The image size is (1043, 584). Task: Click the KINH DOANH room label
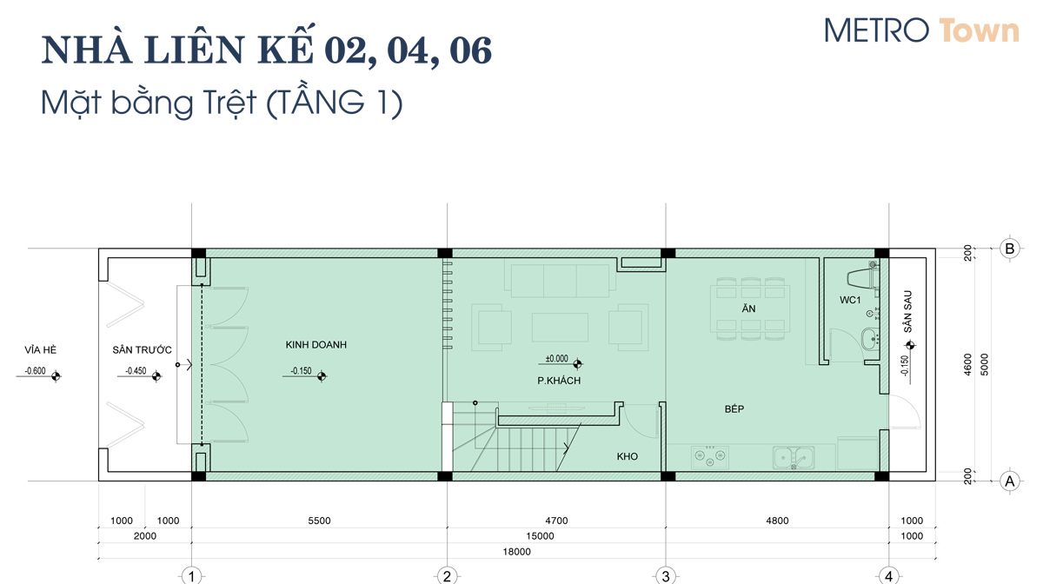coord(316,345)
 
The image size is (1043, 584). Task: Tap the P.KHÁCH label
coord(559,381)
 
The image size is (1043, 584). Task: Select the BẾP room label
coord(734,409)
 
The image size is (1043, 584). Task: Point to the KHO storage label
coord(628,456)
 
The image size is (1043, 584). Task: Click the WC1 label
coord(850,300)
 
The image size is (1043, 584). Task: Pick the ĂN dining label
coord(748,309)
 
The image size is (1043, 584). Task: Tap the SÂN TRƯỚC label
coord(142,349)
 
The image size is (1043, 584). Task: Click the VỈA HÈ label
coord(41,349)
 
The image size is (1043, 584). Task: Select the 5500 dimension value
coord(319,521)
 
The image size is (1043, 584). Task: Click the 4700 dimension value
coord(556,521)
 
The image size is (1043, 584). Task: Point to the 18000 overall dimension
coord(517,552)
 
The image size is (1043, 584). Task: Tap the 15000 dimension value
coord(540,536)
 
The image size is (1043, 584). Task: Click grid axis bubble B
coord(1009,249)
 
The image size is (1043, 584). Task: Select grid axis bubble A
coord(1009,481)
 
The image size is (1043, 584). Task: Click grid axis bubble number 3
coord(666,576)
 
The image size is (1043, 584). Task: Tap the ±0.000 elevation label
coord(557,359)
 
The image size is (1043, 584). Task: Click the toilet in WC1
coord(863,278)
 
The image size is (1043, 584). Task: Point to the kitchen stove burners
coord(710,455)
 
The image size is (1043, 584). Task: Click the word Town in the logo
coord(979,30)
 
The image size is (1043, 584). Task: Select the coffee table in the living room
coord(560,328)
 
